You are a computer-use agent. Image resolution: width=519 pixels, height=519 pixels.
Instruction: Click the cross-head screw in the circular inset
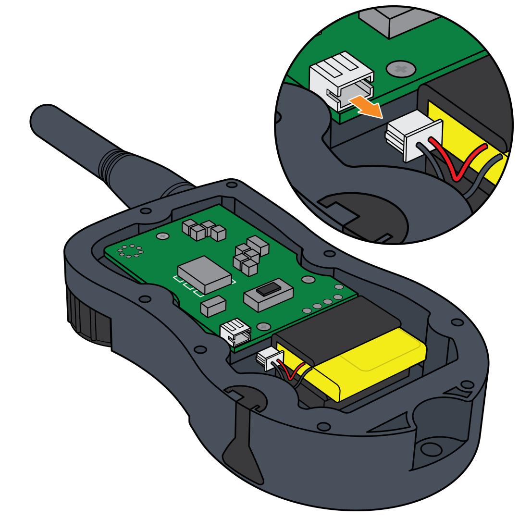(401, 69)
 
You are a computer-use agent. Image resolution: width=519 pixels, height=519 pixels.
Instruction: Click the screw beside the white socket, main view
(263, 327)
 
